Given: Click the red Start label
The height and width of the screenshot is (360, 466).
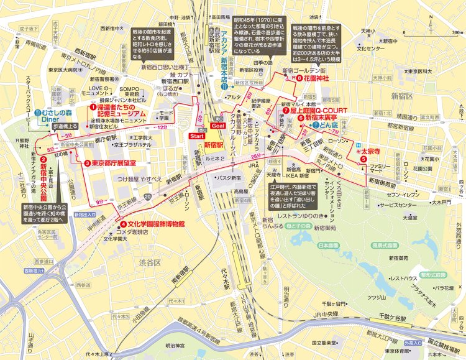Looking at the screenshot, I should tap(196, 135).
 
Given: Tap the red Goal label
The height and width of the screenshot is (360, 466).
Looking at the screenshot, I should tap(218, 125).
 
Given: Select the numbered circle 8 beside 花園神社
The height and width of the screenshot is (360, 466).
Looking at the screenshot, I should tap(299, 78).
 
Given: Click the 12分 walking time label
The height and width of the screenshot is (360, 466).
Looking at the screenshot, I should tap(163, 127).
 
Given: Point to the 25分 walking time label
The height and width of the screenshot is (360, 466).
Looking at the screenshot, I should tap(255, 157).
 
